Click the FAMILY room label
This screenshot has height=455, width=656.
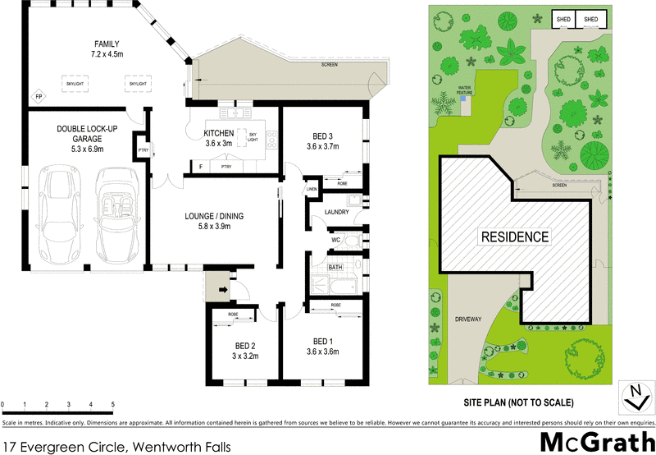pyautogui.click(x=107, y=44)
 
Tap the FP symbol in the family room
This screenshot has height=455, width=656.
pyautogui.click(x=38, y=98)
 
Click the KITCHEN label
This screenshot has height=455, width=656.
pyautogui.click(x=219, y=133)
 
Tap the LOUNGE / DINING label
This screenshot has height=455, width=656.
pyautogui.click(x=215, y=217)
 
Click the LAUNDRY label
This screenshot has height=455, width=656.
pyautogui.click(x=337, y=213)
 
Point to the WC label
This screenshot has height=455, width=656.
pyautogui.click(x=335, y=240)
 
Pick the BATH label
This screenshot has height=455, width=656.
pyautogui.click(x=335, y=268)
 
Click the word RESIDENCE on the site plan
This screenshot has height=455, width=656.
pyautogui.click(x=514, y=237)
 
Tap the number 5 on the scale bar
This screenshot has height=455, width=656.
pyautogui.click(x=112, y=405)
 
